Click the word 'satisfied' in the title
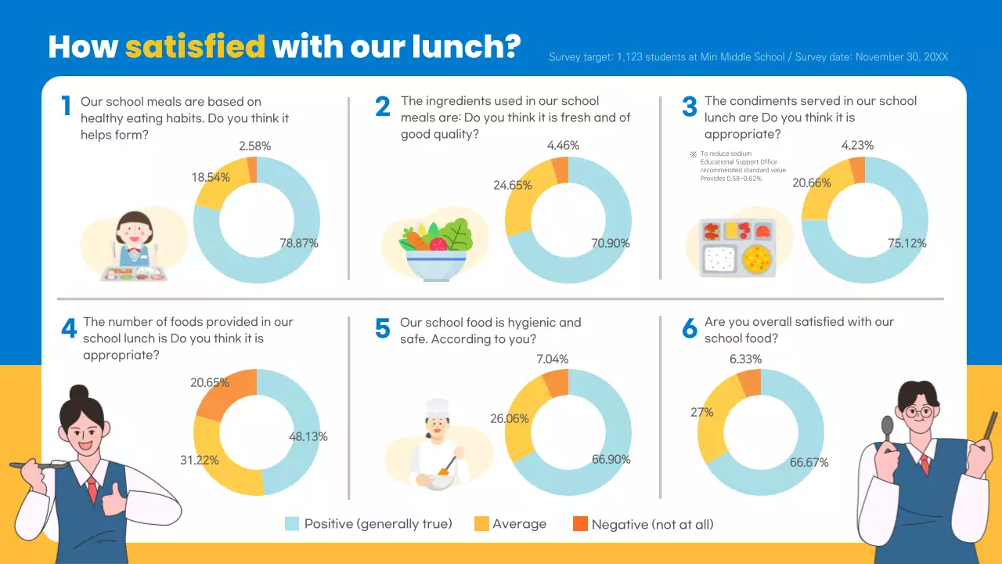(195, 47)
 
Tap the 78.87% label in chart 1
(299, 243)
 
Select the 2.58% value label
(255, 146)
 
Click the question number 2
(382, 107)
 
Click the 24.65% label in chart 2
(513, 186)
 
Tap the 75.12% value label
(907, 244)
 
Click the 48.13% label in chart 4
(308, 436)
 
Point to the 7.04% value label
(553, 359)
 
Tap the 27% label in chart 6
(702, 412)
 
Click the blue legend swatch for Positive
(292, 524)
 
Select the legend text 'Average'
(519, 524)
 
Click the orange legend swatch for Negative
(580, 524)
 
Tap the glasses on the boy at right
(917, 411)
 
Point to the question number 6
(689, 329)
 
